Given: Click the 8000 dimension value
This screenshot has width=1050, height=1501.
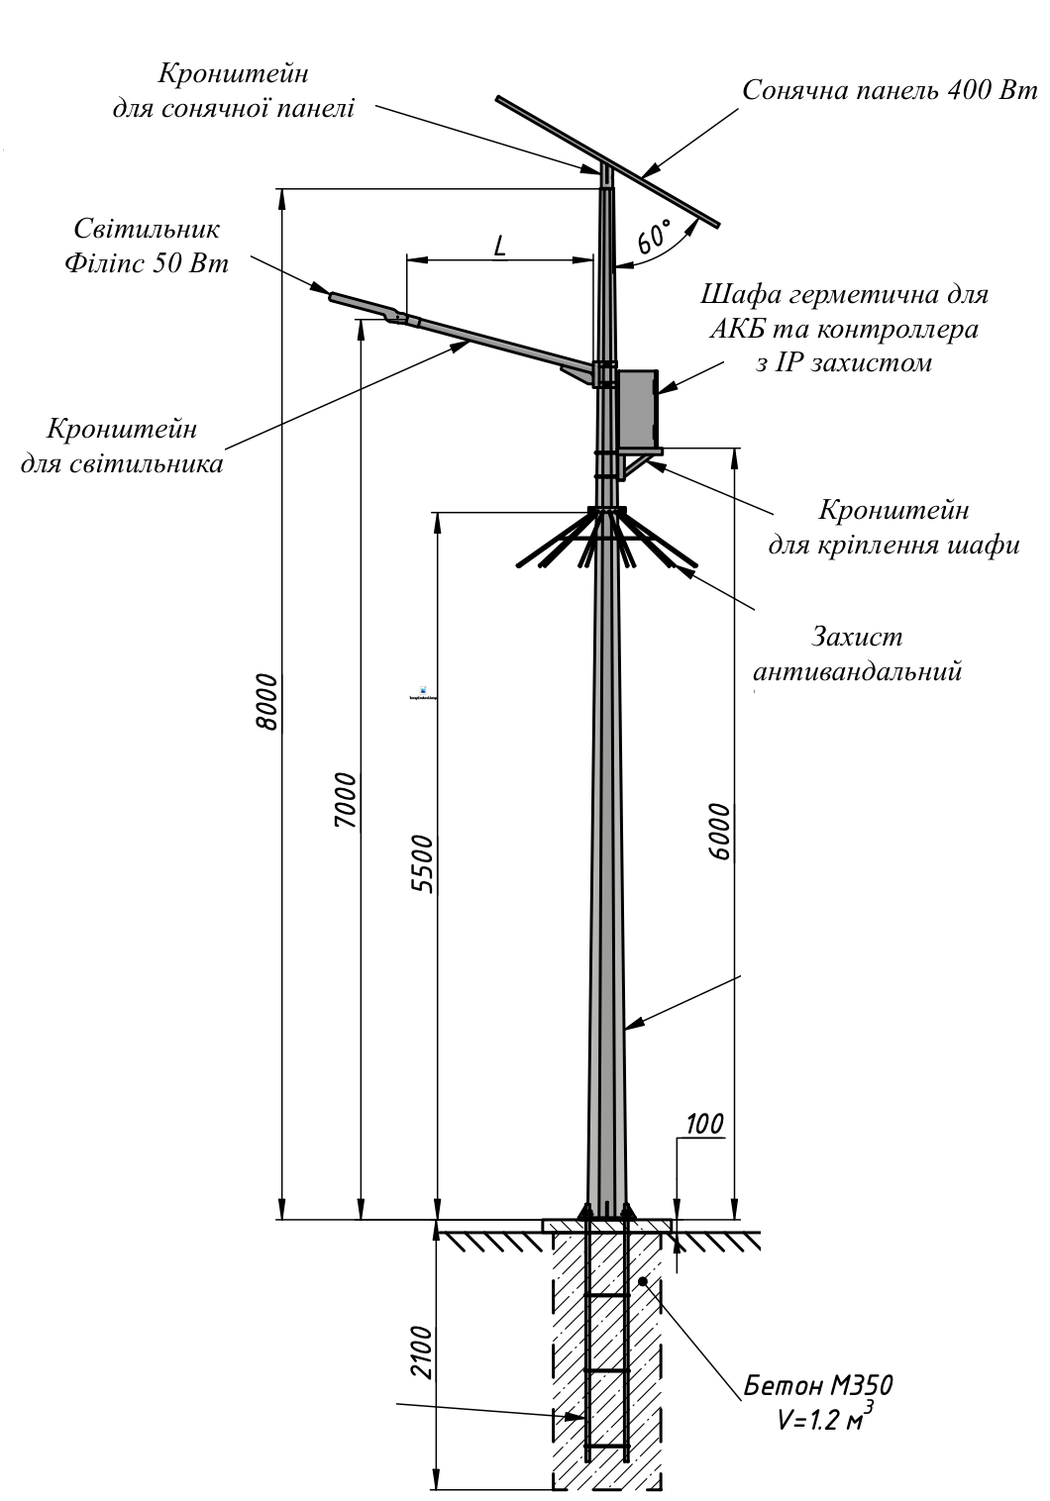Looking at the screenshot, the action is click(266, 702).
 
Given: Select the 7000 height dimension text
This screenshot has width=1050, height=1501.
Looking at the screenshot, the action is click(346, 800).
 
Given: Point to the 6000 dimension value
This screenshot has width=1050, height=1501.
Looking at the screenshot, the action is click(719, 831).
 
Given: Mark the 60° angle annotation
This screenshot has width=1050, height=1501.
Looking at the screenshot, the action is click(654, 236).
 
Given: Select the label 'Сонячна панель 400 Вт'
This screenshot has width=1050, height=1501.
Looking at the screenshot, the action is click(890, 90).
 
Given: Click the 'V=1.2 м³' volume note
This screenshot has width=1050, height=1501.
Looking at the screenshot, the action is click(825, 1415).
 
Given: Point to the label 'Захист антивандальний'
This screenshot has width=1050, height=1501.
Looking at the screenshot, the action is click(858, 653).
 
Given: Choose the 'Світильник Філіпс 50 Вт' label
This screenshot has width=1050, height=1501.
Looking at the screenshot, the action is click(147, 246).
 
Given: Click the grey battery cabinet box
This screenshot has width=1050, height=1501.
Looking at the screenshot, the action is click(638, 408).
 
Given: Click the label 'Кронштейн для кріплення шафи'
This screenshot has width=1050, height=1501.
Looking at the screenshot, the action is click(893, 528).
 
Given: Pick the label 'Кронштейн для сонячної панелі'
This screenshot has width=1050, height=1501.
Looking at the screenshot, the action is click(234, 90).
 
